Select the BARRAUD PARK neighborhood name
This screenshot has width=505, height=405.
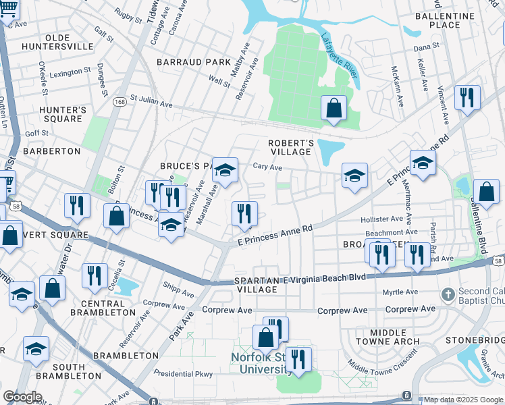tap(194, 62)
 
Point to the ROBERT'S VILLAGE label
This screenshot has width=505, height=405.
tap(291, 147)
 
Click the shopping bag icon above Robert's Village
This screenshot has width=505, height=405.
tap(334, 108)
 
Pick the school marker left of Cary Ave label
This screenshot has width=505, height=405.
tap(225, 170)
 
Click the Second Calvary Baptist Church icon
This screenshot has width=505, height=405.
tap(448, 294)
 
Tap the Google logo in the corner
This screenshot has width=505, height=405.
tap(22, 397)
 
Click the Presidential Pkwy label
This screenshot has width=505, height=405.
tap(183, 374)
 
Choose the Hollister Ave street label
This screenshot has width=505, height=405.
tap(381, 219)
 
